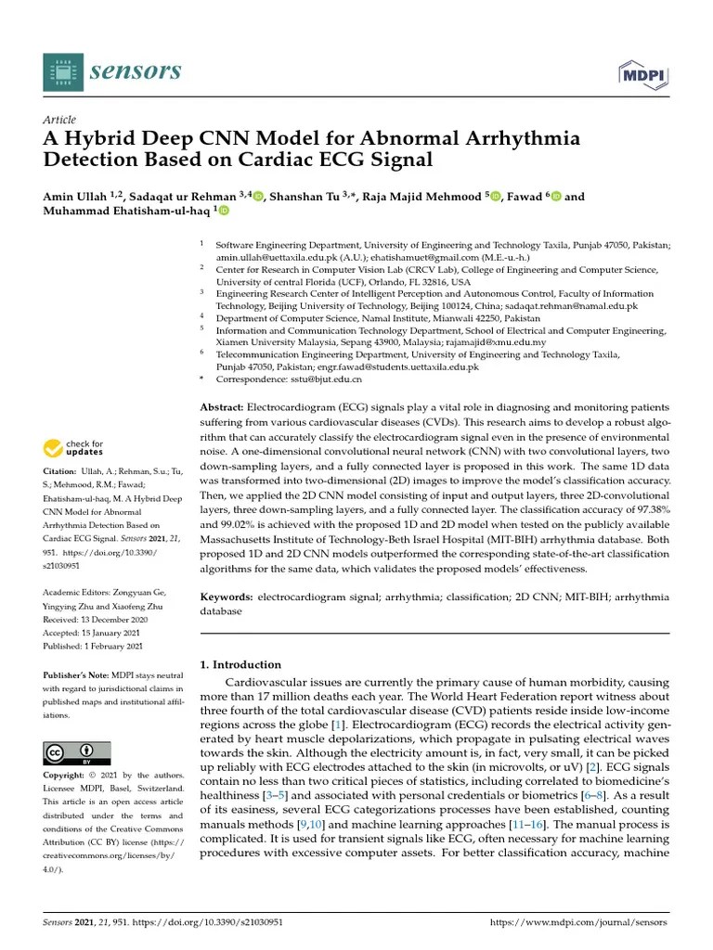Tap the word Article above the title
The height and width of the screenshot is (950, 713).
click(x=59, y=121)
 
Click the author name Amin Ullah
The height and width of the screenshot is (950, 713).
click(x=75, y=196)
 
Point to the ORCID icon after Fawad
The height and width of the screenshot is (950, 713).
click(x=556, y=196)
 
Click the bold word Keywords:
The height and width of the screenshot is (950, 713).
click(x=227, y=598)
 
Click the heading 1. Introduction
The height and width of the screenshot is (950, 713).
click(x=240, y=664)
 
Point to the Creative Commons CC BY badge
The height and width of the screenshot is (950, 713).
click(x=77, y=752)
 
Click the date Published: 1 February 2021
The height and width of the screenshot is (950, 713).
click(x=93, y=645)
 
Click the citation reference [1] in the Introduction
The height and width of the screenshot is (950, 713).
click(x=340, y=724)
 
